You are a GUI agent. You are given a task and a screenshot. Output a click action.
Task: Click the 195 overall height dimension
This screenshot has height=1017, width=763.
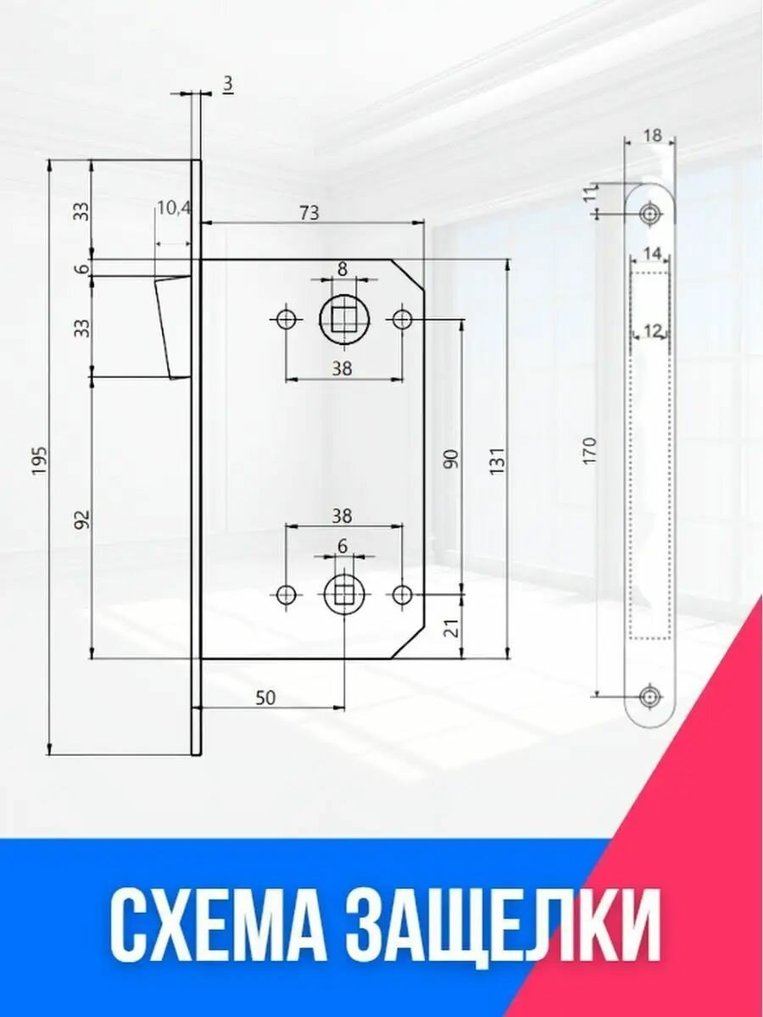[x=39, y=459]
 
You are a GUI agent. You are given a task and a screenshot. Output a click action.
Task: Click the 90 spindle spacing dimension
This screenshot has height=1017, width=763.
[x=451, y=458]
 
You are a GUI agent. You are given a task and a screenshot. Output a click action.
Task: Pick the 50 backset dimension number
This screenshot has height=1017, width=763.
[x=265, y=697]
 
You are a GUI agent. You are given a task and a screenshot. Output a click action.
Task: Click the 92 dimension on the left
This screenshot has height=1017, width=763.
[x=81, y=520]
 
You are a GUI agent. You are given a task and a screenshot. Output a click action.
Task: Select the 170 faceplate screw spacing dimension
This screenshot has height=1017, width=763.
[x=591, y=450]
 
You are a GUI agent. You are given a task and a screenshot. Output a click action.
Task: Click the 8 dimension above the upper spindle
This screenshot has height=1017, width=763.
[x=343, y=269]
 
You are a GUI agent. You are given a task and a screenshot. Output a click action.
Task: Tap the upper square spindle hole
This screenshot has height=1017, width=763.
[x=343, y=320]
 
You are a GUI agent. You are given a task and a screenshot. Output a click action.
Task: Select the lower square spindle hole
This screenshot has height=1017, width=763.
[x=343, y=594]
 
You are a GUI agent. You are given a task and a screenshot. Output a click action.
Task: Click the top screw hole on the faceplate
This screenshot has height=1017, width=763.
[x=650, y=213]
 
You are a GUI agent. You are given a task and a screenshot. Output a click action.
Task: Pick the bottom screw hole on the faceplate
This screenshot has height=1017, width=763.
[x=650, y=696]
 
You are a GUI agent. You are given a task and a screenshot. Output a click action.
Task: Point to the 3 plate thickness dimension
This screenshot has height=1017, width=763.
[x=228, y=84]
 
